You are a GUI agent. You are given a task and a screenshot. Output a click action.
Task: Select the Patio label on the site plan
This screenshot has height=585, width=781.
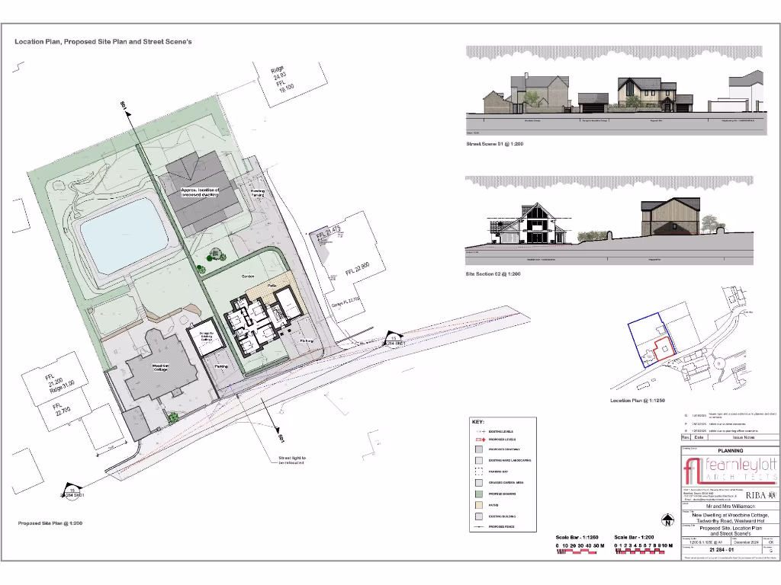pyautogui.click(x=272, y=286)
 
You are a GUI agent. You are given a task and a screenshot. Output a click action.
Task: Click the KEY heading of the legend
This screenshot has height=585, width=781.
pyautogui.click(x=478, y=421)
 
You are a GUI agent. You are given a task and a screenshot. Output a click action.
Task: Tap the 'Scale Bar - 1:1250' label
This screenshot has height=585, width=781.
pyautogui.click(x=579, y=538)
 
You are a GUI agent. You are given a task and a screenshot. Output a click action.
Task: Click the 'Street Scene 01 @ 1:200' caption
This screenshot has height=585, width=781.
pyautogui.click(x=494, y=143)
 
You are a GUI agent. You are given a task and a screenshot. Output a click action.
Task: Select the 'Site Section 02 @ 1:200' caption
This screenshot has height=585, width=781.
pyautogui.click(x=493, y=273)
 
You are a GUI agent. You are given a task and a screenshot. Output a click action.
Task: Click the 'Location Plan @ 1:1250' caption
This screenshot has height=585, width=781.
pyautogui.click(x=638, y=400)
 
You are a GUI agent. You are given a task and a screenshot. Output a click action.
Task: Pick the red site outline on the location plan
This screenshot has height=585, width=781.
pyautogui.click(x=660, y=350)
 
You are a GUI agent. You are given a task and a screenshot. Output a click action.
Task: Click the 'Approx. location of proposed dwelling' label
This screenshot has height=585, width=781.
pyautogui.click(x=201, y=192)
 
